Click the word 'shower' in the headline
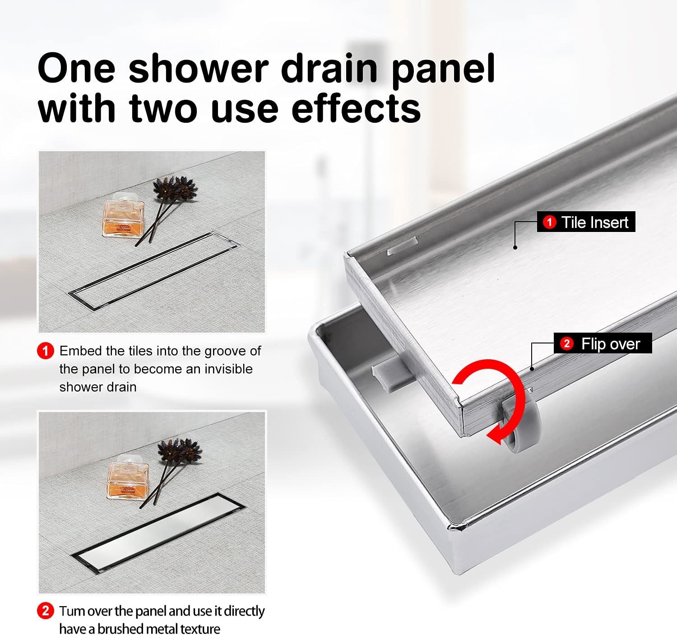coord(199,69)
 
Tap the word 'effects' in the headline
coord(356,109)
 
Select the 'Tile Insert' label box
coord(586,222)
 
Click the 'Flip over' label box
coord(603,343)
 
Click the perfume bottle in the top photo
coord(123,214)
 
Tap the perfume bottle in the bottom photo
coord(127,477)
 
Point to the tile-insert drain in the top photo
coord(154,270)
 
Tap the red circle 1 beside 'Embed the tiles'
coord(45,351)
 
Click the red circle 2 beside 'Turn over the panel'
coord(45,611)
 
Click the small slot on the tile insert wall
coord(402,246)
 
